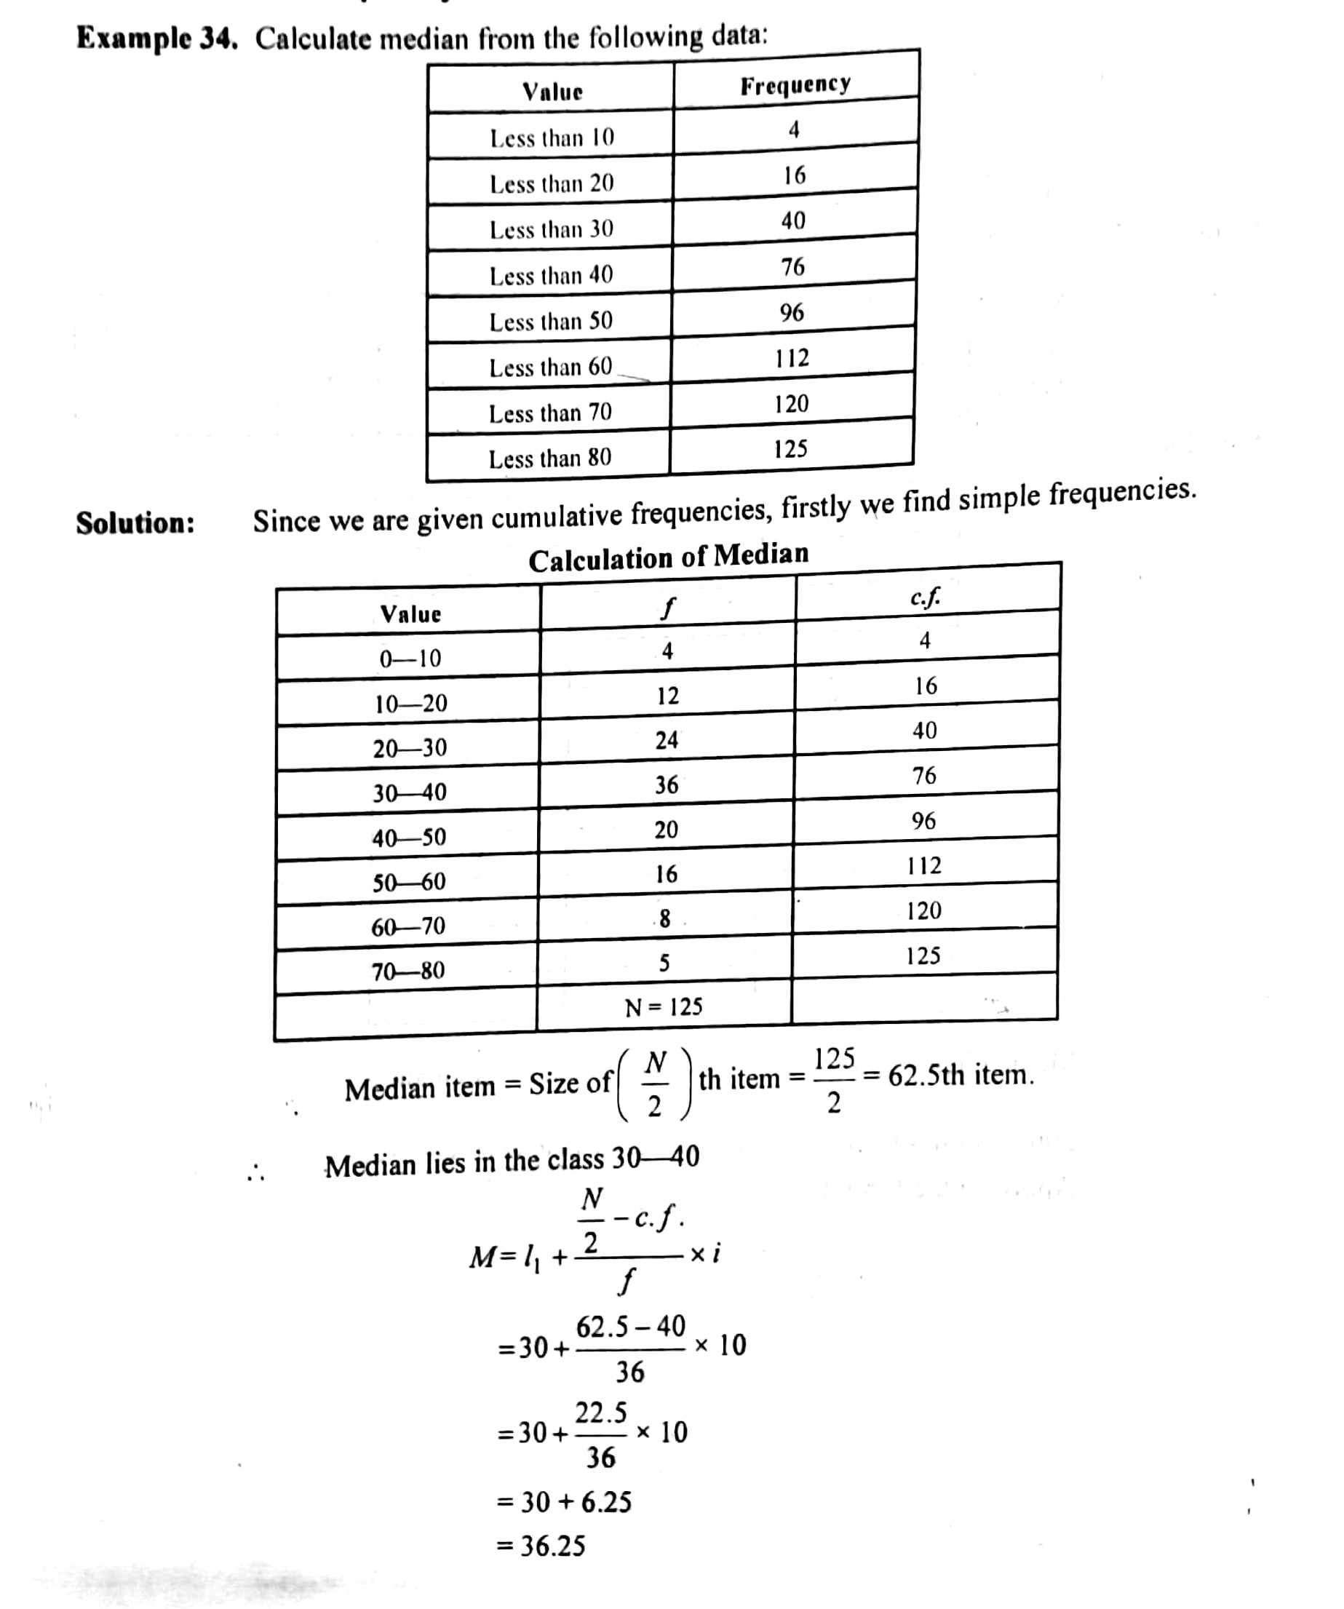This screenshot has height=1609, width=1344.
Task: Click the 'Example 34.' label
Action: click(156, 39)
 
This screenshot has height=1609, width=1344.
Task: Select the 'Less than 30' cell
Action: click(551, 229)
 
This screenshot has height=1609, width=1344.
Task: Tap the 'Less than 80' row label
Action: click(549, 458)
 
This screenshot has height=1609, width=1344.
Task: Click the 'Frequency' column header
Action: click(795, 84)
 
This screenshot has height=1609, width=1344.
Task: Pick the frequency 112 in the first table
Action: click(792, 358)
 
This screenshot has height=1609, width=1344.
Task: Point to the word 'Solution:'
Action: click(135, 523)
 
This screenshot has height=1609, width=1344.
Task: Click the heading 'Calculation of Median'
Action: click(668, 557)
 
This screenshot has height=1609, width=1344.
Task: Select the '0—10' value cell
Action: click(410, 658)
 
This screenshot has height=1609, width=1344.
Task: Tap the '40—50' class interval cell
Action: click(408, 837)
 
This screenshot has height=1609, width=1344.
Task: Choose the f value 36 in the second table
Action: click(666, 784)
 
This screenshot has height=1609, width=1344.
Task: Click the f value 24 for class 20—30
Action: click(666, 739)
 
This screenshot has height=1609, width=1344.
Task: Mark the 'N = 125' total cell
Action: click(664, 1006)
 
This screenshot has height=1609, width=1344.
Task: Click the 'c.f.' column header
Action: click(926, 597)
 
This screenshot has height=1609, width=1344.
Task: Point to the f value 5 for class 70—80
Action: click(664, 962)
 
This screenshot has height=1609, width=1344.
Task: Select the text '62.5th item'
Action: click(960, 1075)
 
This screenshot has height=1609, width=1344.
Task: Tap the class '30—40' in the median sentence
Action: click(655, 1157)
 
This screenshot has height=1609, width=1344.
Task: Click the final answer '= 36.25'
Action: click(541, 1546)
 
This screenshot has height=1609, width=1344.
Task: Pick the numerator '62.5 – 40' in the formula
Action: click(631, 1326)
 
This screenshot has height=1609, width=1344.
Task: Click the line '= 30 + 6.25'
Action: click(565, 1502)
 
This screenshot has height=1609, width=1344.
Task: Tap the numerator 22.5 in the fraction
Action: click(601, 1411)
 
